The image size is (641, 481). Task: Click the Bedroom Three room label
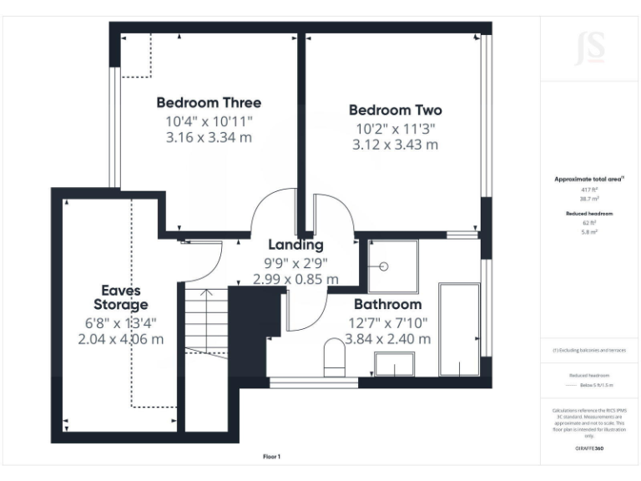point(209,103)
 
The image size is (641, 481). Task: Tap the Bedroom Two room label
point(395,110)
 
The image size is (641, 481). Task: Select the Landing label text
point(295,245)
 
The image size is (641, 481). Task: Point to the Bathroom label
point(387,304)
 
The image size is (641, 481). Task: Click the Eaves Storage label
point(121,297)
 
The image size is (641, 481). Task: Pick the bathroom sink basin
point(394,366)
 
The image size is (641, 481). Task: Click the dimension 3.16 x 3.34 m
point(209,138)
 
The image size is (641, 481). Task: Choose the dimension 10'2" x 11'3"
point(395,129)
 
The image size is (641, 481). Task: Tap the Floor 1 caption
point(271,457)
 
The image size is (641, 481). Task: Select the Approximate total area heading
point(589,180)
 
